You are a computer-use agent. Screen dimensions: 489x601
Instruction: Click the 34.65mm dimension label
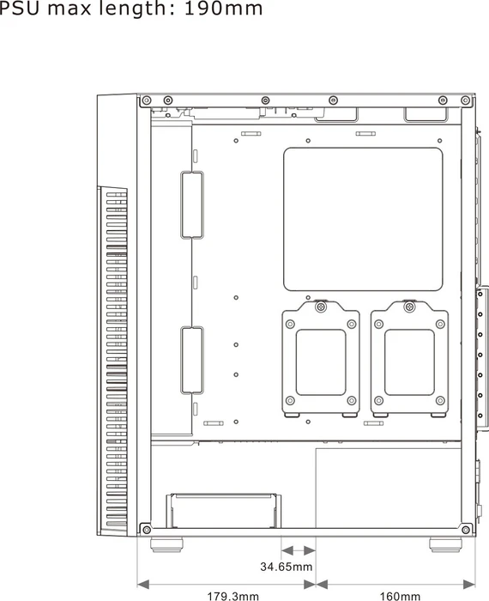(286, 566)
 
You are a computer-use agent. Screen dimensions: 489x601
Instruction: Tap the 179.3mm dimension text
(232, 596)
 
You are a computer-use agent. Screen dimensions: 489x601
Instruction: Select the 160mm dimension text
(400, 596)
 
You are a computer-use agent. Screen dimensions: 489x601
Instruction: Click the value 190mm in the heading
(223, 9)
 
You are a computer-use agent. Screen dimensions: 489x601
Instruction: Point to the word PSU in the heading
(20, 9)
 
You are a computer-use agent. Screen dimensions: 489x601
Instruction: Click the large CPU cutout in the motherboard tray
(363, 219)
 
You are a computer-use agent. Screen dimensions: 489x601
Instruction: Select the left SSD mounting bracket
(321, 359)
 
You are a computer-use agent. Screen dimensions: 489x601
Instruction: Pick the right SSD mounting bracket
(409, 359)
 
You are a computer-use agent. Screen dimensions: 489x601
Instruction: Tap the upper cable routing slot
(192, 205)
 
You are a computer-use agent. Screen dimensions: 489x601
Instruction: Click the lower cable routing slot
(192, 361)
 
